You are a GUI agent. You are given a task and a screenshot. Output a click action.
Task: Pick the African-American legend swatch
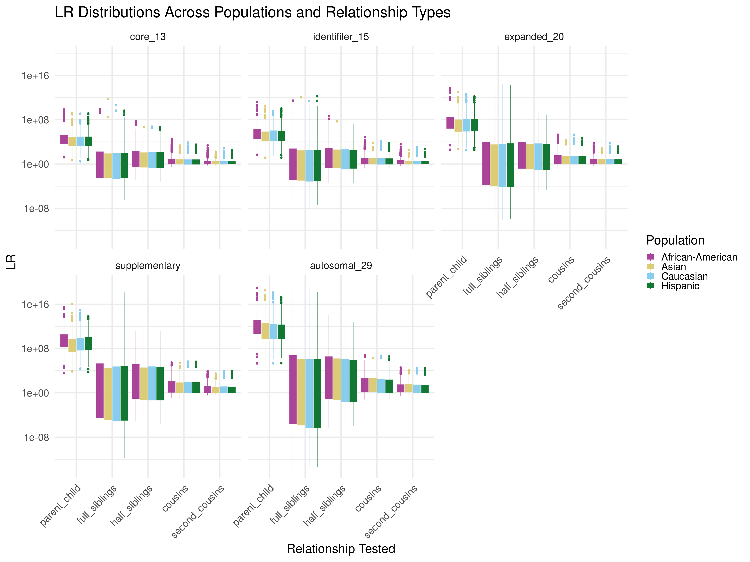pos(651,257)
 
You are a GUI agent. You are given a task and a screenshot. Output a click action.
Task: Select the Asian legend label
pos(673,267)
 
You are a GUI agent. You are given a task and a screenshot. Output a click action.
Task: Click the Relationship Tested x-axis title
pos(341,549)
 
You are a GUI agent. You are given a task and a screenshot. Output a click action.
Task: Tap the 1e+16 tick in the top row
pos(35,76)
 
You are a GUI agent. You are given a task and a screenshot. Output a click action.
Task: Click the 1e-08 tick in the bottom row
pos(36,437)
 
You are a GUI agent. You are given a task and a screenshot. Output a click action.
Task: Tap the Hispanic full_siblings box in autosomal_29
pos(317,393)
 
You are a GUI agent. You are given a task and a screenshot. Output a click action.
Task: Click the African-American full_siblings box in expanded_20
pos(486,163)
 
